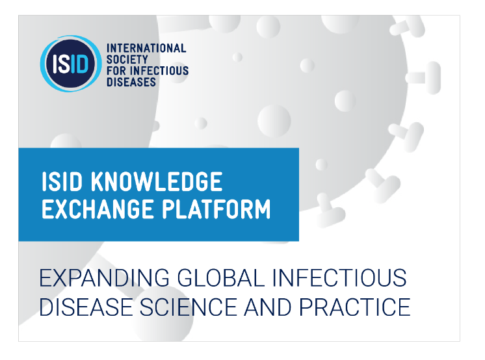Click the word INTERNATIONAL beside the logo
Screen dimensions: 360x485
pyautogui.click(x=146, y=49)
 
